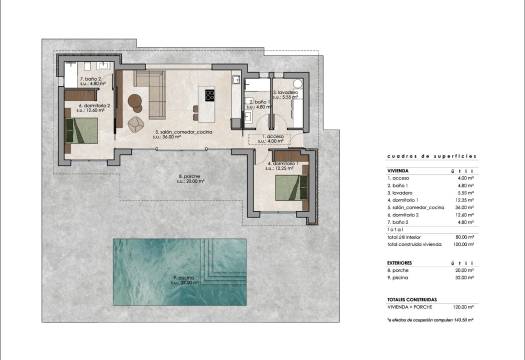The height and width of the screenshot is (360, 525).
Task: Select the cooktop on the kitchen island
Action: (210, 96)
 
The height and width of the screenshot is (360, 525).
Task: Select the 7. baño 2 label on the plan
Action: (92, 82)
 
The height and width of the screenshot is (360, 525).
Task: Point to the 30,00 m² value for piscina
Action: (490, 275)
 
